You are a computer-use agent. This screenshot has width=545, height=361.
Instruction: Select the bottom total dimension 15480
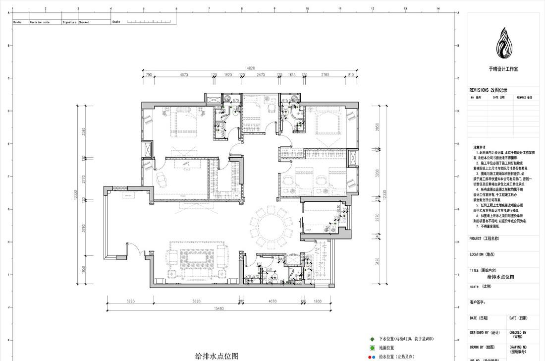tap(218, 308)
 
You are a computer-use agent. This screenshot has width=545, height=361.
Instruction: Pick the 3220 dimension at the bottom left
tap(131, 301)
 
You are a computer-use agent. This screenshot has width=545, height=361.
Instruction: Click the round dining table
tap(272, 226)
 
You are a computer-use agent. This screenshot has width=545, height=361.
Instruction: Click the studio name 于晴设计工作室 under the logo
tap(503, 70)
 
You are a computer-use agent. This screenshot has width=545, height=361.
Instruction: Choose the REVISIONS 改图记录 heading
tap(488, 90)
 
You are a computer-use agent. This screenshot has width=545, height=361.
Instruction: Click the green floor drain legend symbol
tap(372, 348)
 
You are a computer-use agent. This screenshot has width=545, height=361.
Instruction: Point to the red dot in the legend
tap(369, 357)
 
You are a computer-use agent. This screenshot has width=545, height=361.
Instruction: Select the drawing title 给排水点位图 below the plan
tap(217, 356)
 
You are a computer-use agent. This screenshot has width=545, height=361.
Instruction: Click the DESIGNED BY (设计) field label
tap(485, 333)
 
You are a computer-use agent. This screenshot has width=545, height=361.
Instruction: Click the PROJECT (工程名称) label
tap(484, 239)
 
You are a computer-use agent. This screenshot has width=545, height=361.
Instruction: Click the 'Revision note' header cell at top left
tap(40, 22)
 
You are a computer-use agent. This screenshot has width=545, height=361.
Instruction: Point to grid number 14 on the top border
tap(437, 8)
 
